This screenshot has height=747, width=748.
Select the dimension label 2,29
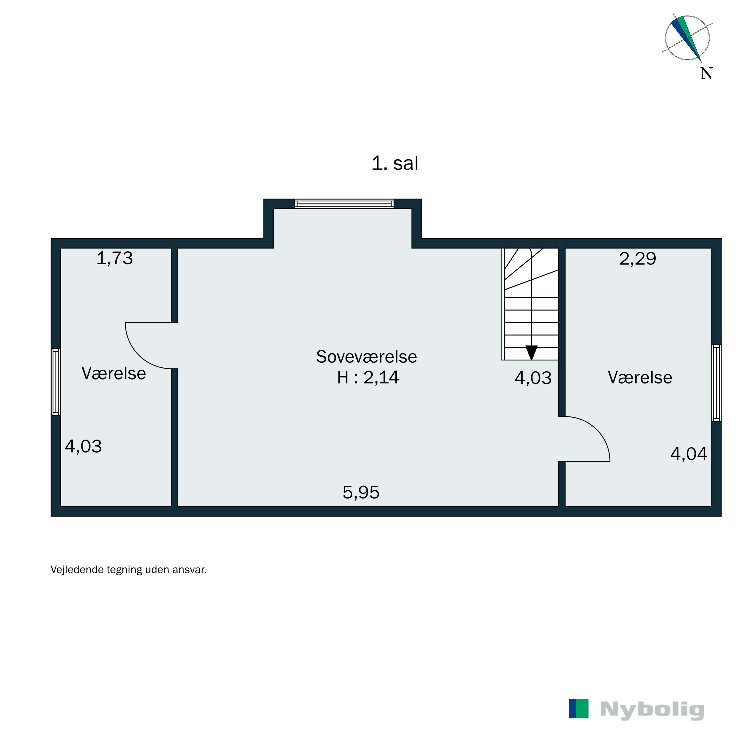click(x=637, y=259)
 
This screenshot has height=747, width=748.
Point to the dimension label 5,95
click(x=361, y=492)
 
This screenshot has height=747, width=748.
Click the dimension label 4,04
click(x=688, y=454)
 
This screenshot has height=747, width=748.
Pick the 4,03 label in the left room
click(x=83, y=446)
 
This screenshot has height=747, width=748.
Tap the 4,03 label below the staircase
click(x=533, y=377)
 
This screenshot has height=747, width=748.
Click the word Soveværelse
click(x=366, y=357)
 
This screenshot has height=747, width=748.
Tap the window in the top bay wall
click(x=344, y=204)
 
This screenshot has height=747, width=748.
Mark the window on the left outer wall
click(x=56, y=382)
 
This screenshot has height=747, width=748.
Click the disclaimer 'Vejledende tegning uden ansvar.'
click(x=129, y=570)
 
